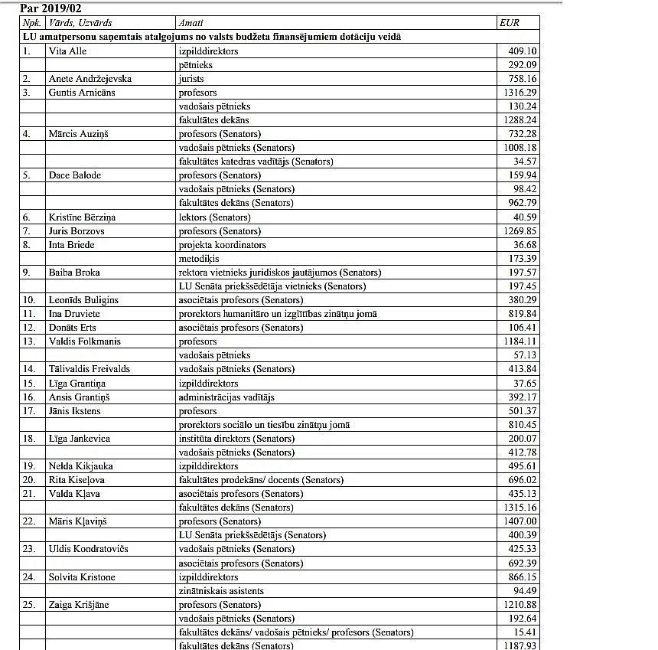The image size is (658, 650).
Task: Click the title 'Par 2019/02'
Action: (50, 8)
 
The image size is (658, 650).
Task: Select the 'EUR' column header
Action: (509, 23)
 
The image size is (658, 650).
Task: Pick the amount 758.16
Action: (521, 79)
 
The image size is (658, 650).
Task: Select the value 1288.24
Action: (518, 120)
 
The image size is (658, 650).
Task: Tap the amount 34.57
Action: (524, 162)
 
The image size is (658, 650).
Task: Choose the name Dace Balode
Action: (75, 175)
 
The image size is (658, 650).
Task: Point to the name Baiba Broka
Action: (74, 273)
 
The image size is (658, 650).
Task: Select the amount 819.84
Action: (521, 314)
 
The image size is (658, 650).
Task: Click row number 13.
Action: (28, 341)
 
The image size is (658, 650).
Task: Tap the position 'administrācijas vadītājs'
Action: (226, 397)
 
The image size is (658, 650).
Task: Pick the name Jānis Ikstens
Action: (75, 411)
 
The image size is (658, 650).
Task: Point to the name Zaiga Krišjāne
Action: (79, 605)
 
